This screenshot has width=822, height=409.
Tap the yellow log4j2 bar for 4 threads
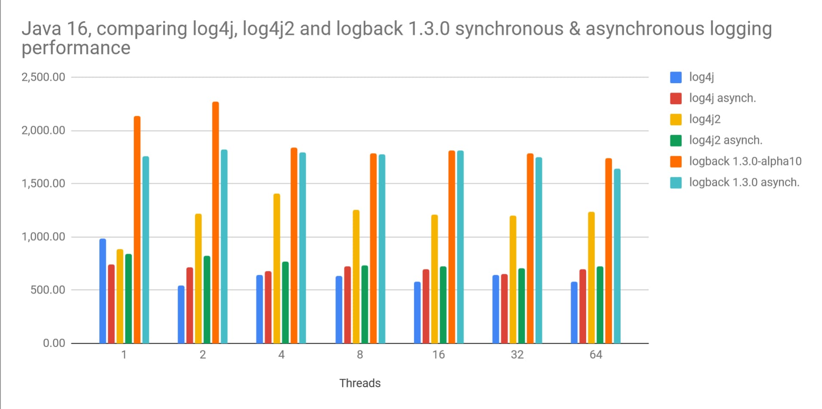[x=277, y=269]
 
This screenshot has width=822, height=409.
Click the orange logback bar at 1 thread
[x=137, y=230]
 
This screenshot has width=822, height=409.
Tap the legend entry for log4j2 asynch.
[x=725, y=140]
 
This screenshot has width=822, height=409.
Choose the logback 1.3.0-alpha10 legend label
[x=745, y=161]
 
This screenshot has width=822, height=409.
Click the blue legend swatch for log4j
[x=676, y=77]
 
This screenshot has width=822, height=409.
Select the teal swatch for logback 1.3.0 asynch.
[x=676, y=183]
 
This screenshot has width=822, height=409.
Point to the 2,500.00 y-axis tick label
[x=43, y=77]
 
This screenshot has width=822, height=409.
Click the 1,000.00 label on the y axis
[x=43, y=237]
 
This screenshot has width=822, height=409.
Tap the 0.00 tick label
[x=54, y=343]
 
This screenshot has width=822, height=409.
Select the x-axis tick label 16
[x=438, y=355]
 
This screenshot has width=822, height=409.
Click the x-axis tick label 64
[x=596, y=355]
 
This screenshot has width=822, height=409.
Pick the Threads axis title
[x=360, y=383]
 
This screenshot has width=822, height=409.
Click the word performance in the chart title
[x=76, y=48]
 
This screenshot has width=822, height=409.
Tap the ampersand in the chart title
[x=574, y=29]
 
